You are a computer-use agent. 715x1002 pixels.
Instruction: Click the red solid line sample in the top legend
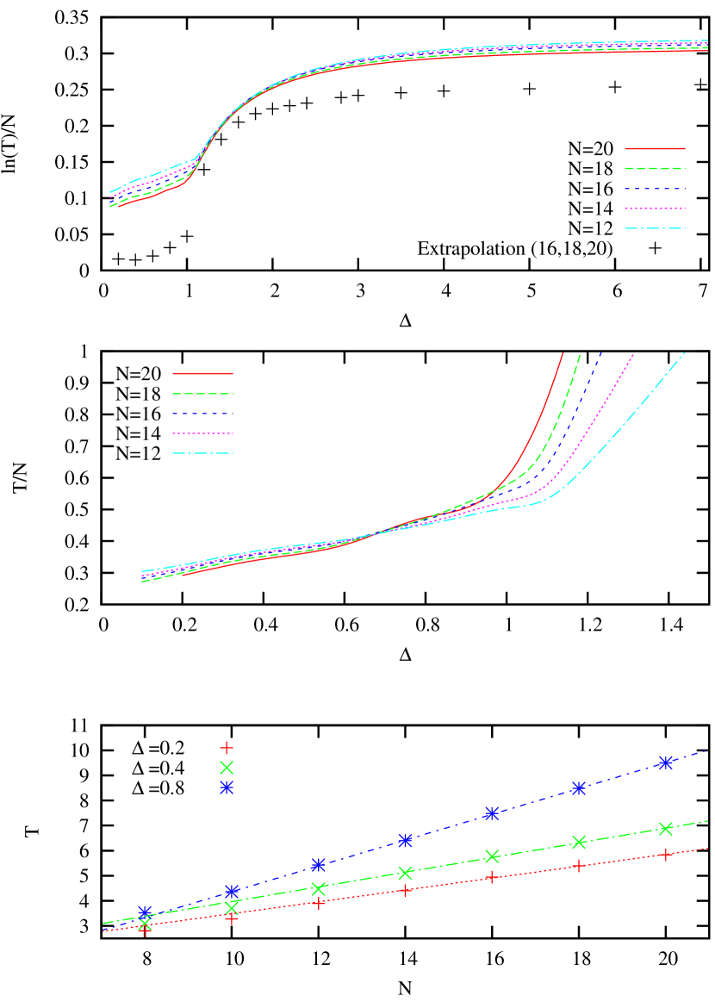pos(655,148)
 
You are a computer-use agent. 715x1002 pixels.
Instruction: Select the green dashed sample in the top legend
pos(655,168)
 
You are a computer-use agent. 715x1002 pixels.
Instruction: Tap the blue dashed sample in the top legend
pos(655,188)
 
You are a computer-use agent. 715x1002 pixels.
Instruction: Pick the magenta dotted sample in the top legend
pos(655,208)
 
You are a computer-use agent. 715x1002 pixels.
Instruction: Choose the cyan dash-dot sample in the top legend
pos(655,228)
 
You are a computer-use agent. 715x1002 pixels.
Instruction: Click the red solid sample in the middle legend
pos(203,374)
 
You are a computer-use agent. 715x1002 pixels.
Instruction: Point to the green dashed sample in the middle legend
pos(203,394)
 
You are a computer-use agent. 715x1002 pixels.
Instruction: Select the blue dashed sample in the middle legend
pos(203,414)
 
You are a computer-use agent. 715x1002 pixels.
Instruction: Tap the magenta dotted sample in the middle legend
pos(203,433)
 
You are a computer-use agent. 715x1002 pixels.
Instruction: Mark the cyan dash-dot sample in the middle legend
pos(203,453)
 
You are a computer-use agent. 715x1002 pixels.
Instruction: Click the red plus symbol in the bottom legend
pos(227,747)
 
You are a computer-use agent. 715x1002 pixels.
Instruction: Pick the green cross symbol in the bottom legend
pos(227,767)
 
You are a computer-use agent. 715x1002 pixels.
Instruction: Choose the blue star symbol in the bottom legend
pos(227,787)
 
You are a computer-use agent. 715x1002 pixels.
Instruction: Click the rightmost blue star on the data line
pos(665,762)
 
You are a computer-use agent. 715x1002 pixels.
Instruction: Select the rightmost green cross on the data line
pos(665,828)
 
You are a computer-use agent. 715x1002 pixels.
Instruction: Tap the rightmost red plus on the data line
pos(665,854)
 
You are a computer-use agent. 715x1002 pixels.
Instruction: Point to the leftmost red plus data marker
pos(145,929)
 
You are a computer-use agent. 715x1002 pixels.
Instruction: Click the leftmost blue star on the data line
pos(145,912)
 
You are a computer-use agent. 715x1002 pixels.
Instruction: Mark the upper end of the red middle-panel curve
pos(563,352)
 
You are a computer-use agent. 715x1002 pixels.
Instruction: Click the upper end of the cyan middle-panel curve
pos(685,352)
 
